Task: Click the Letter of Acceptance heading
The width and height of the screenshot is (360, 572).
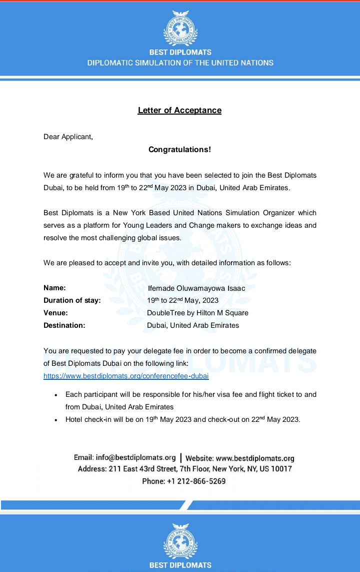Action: pos(179,110)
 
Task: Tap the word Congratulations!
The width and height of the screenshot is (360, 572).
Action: pos(180,149)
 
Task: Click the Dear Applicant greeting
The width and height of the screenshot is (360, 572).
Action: pos(68,137)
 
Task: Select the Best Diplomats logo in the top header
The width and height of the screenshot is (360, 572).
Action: pos(180,28)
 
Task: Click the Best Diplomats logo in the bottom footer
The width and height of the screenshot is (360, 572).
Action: pos(180,541)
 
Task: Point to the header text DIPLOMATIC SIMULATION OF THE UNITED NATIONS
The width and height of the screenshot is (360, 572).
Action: pos(180,63)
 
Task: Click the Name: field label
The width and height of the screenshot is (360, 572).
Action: pos(54,288)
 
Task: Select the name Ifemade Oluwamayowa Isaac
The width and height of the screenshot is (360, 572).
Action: pos(196,288)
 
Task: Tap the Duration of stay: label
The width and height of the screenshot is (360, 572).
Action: pos(72,300)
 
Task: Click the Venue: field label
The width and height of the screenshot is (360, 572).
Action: pos(55,313)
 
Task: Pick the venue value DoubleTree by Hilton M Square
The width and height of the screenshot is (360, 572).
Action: pos(197,313)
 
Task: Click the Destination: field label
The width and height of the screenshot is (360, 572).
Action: pos(64,325)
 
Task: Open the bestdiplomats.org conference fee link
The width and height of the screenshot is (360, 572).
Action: pos(126,375)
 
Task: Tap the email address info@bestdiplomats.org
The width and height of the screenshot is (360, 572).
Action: pos(135,457)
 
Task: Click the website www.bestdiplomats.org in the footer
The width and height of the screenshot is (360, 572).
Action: pos(255,458)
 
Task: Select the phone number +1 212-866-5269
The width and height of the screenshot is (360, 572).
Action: pos(196,481)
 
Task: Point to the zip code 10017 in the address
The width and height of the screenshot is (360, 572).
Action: pos(281,469)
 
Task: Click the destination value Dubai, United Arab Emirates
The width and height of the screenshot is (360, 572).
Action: pos(193,325)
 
